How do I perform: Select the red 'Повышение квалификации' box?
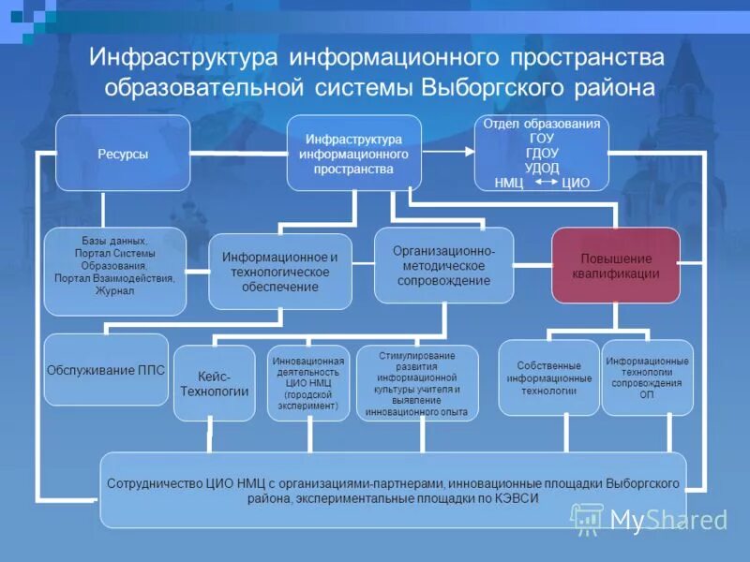pyautogui.click(x=615, y=265)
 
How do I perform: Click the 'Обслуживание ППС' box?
pyautogui.click(x=105, y=370)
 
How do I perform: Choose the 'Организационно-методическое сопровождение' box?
pyautogui.click(x=443, y=265)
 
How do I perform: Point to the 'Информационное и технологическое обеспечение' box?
pyautogui.click(x=279, y=271)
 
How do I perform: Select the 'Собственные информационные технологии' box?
pyautogui.click(x=548, y=377)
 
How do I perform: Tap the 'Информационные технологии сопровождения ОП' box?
pyautogui.click(x=647, y=377)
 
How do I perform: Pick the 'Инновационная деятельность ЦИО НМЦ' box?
pyautogui.click(x=308, y=383)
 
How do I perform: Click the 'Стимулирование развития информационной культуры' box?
pyautogui.click(x=417, y=383)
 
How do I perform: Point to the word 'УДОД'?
pyautogui.click(x=542, y=168)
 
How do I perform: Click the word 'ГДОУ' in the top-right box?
pyautogui.click(x=542, y=153)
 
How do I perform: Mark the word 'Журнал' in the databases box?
pyautogui.click(x=114, y=290)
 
